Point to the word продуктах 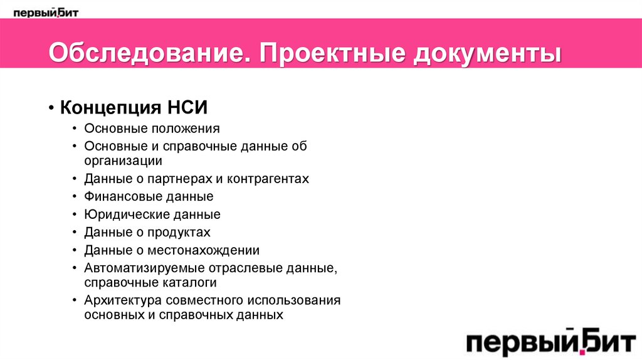pos(179,233)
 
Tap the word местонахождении pos(204,251)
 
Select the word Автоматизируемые pos(140,268)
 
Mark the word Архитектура pos(122,300)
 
